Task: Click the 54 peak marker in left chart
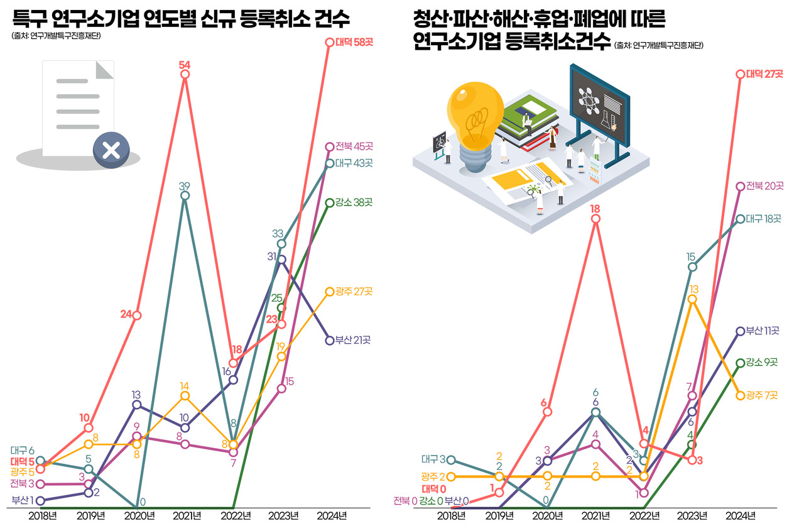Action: click(x=185, y=74)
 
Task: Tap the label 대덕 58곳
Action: click(x=354, y=41)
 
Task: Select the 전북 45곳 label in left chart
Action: click(x=354, y=146)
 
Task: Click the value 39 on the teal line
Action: click(x=185, y=185)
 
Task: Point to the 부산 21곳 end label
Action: click(x=353, y=340)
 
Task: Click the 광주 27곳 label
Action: click(x=354, y=292)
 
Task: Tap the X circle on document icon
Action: click(x=111, y=150)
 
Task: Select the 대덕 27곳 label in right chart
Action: click(x=764, y=74)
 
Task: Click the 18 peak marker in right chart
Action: click(x=595, y=219)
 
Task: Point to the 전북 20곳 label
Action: click(x=764, y=186)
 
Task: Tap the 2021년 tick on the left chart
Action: click(x=186, y=516)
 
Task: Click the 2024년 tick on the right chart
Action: click(x=740, y=516)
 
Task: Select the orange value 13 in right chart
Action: click(x=694, y=289)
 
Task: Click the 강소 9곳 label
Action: click(x=762, y=363)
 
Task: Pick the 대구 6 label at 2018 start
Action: click(x=22, y=451)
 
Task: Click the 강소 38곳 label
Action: click(x=354, y=202)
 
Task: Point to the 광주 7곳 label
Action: click(x=762, y=395)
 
